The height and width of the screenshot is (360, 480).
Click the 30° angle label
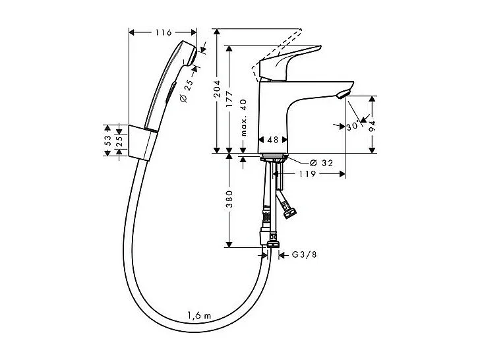pyautogui.click(x=353, y=126)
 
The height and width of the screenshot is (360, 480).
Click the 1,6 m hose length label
pyautogui.click(x=198, y=316)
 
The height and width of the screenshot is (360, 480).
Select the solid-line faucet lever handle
pyautogui.click(x=290, y=63)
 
